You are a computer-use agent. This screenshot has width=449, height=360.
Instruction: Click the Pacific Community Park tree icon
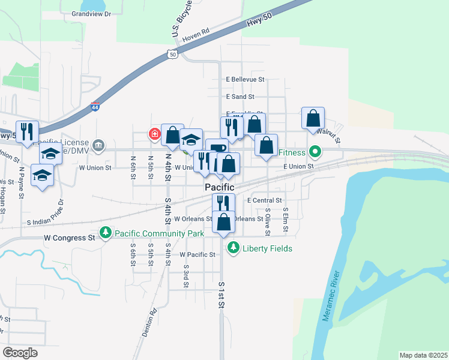coord(106,232)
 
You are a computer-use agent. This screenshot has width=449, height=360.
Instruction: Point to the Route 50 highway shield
coord(172,54)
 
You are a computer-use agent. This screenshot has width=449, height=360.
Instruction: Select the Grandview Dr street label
coord(92,13)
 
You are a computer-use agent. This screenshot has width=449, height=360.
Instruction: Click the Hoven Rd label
coord(196,35)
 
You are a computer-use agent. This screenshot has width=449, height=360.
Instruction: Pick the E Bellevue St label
coord(245,79)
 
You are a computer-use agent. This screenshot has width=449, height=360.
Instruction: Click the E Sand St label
coord(240,96)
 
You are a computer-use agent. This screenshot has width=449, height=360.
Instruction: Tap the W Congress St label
coord(70,238)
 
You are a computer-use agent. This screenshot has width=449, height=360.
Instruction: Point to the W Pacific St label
coord(197,254)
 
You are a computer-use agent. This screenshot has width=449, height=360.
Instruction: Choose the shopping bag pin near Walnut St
coord(313,118)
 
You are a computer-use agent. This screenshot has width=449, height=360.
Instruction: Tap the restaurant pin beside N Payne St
coord(27,132)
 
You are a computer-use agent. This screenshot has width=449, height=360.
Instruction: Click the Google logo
coord(20,353)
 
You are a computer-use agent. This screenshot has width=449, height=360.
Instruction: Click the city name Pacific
coord(219,187)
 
